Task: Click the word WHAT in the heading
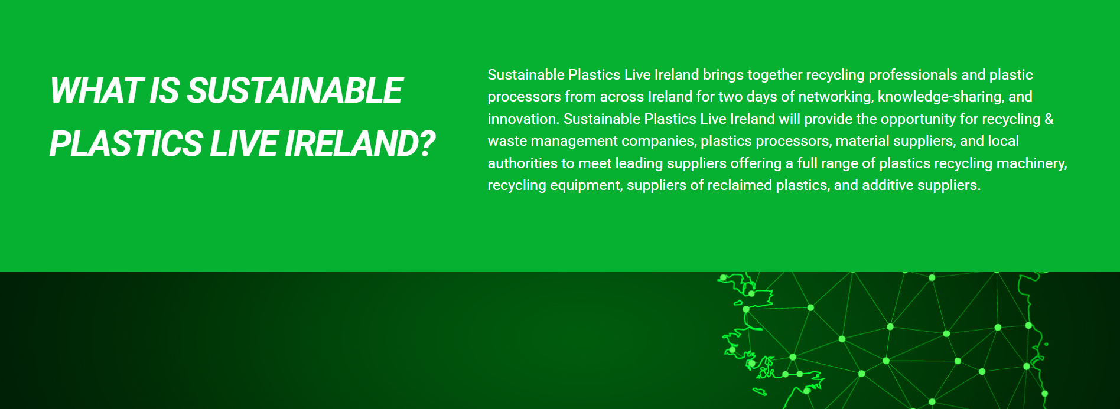click(96, 91)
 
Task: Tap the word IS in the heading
click(164, 91)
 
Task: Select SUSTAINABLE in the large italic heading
click(295, 91)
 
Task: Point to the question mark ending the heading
click(425, 144)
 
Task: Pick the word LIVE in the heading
click(244, 144)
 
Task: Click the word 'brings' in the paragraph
click(723, 76)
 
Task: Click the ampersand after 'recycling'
click(1049, 119)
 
